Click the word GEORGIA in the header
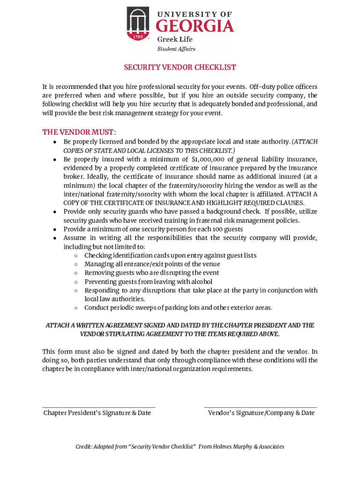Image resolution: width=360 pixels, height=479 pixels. pos(194,25)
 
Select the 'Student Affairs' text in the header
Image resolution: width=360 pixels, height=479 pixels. pos(176,49)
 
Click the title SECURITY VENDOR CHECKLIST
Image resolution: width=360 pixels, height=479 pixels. pos(180,67)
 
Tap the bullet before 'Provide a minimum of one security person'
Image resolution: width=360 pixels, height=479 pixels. pos(55,229)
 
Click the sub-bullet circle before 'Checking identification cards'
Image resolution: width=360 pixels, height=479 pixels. pos(75,255)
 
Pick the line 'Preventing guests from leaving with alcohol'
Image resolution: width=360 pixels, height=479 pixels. pos(148,282)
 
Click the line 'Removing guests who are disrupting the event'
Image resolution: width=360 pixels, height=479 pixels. pos(151,273)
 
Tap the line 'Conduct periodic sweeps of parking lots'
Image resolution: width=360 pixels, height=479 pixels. pos(178,307)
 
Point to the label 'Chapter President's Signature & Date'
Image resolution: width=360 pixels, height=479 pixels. pos(97,413)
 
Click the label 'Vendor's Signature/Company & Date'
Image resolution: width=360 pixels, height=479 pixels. pos(261,413)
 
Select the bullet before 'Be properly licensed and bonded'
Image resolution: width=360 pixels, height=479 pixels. pos(55,142)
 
